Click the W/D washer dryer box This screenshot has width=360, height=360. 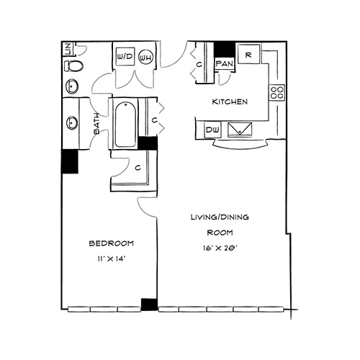coord(125,56)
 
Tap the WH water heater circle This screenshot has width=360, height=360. coord(145,57)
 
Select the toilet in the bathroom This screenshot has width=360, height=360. coord(73,66)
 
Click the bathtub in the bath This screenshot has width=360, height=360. coord(125,125)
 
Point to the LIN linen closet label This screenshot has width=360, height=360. coord(68,49)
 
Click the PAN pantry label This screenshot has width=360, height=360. coord(225,64)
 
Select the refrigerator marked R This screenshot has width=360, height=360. coord(248,54)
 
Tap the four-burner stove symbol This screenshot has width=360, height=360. coord(277,93)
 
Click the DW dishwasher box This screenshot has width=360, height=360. coord(212,130)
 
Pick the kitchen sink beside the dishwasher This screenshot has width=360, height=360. coord(240,130)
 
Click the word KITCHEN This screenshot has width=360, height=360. coord(230,102)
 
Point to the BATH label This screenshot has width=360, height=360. coord(96,123)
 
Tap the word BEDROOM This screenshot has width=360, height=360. coord(112,243)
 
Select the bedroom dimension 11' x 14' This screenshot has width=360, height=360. coord(112,258)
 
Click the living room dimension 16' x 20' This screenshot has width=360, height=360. coord(220,248)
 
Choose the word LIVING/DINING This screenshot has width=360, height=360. coord(220,217)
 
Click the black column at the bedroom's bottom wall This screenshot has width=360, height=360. coord(149,305)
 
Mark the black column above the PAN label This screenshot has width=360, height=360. coord(224,50)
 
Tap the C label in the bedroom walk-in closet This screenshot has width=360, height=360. coord(138,168)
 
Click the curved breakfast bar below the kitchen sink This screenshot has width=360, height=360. coord(240,145)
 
